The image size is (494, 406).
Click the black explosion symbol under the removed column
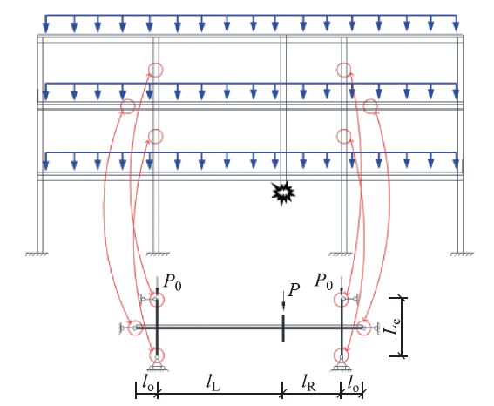[283, 193]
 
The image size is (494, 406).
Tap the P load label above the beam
[294, 290]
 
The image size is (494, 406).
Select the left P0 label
[173, 282]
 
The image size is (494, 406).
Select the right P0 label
[324, 281]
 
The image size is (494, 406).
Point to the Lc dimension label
[392, 327]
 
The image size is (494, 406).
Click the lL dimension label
[213, 383]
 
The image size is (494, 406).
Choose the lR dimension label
[308, 383]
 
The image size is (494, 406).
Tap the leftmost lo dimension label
[148, 383]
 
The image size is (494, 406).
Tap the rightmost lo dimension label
[353, 383]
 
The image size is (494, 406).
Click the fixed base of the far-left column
[37, 254]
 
